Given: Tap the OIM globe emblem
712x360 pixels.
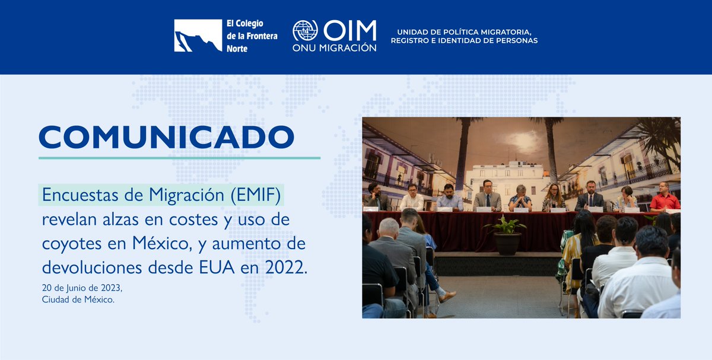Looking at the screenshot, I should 305,31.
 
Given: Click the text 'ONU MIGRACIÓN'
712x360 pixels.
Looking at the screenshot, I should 334,47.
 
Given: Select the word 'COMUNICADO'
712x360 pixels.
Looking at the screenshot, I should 167,137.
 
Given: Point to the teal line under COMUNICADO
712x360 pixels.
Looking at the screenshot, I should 179,158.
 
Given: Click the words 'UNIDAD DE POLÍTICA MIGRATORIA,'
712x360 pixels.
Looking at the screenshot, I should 464,31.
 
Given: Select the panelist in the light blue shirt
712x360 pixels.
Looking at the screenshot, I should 450,199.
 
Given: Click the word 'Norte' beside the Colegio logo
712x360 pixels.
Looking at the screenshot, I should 237,49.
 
